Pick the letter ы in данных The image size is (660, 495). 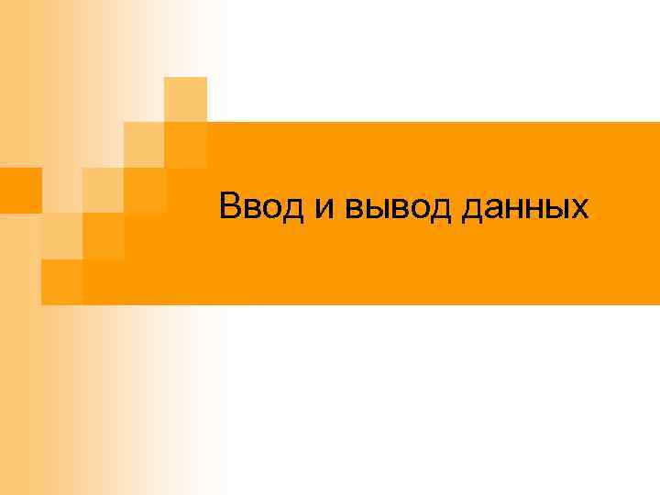[x=559, y=209]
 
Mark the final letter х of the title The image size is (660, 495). [x=580, y=209]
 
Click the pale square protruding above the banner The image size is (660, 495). [x=186, y=98]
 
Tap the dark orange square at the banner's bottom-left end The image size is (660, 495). [x=61, y=282]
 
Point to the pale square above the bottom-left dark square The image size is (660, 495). [x=61, y=236]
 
